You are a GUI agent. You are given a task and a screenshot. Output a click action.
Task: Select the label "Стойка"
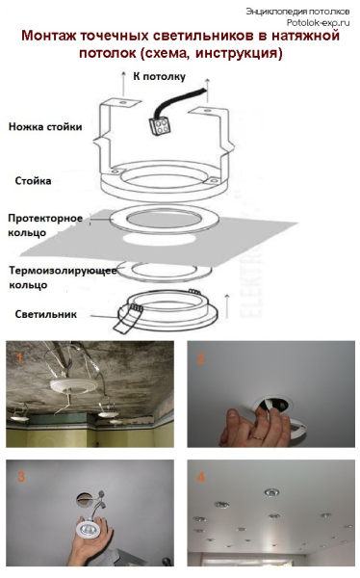[x=34, y=180]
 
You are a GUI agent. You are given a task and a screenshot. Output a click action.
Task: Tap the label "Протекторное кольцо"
[x=46, y=224]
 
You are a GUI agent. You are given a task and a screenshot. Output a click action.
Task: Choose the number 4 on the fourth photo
[x=199, y=476]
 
